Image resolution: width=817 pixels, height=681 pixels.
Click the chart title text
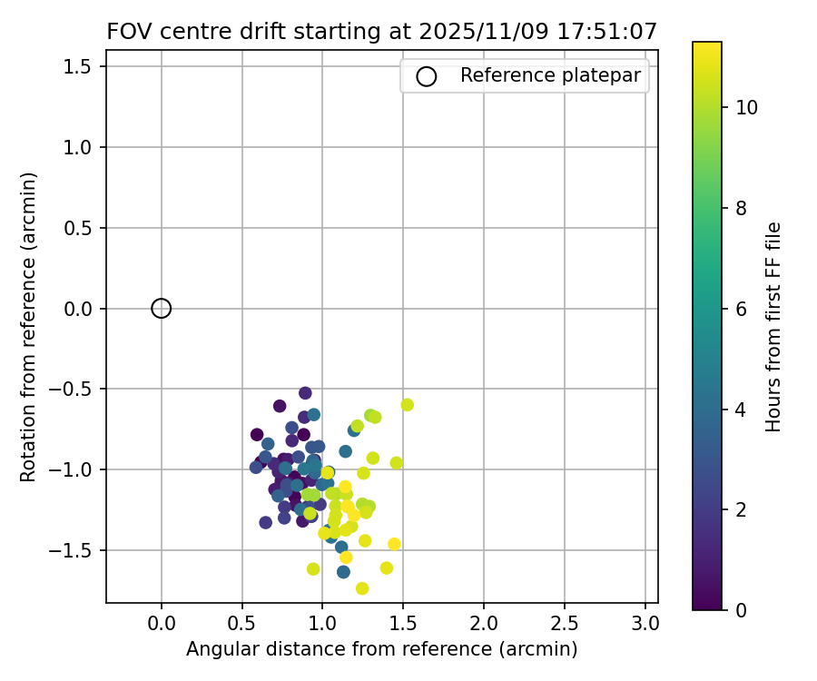[381, 31]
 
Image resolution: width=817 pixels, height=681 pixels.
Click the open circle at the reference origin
[162, 309]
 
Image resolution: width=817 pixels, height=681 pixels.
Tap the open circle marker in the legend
[427, 76]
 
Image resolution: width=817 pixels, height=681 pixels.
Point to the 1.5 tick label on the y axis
[84, 66]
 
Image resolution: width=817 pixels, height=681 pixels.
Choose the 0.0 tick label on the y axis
[84, 309]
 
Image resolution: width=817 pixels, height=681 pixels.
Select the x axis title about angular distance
[381, 649]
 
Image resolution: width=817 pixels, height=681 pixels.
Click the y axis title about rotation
[29, 327]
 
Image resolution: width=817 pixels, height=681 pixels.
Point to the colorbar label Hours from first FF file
[773, 327]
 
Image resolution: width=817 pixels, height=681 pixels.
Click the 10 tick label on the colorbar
[747, 107]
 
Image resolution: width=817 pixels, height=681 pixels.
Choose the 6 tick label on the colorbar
[741, 309]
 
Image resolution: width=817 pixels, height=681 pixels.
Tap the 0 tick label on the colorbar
[741, 609]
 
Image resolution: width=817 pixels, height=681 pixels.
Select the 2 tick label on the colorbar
[741, 509]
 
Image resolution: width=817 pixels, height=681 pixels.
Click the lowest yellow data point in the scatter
[362, 588]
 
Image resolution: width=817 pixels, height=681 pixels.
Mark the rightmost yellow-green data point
[407, 405]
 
